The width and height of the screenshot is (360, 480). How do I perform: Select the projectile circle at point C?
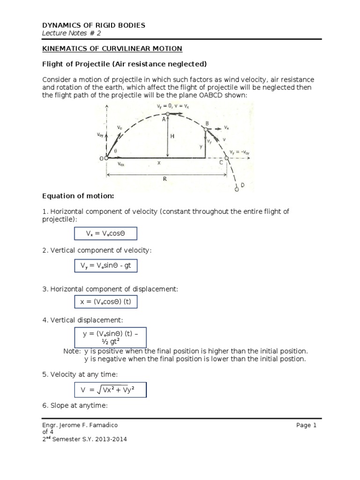[x=227, y=158]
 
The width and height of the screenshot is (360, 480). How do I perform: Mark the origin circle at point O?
[x=106, y=158]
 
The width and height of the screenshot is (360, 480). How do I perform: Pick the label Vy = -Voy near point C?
[x=241, y=152]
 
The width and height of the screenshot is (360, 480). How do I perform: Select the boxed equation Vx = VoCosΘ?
[x=105, y=233]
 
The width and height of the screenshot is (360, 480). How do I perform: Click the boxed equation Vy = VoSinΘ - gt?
[x=105, y=267]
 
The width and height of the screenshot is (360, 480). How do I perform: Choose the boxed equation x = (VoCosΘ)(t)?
[x=105, y=302]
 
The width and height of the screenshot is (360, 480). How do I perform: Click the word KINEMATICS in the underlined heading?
[x=64, y=49]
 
